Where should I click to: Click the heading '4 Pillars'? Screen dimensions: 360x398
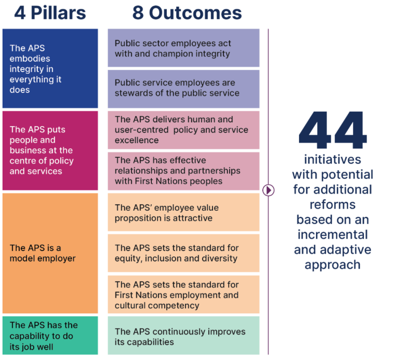[x=50, y=13]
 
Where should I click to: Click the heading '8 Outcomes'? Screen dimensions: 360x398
[x=187, y=13]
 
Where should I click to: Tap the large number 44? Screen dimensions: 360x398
[x=332, y=130]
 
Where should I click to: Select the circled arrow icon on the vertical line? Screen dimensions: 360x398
[x=268, y=190]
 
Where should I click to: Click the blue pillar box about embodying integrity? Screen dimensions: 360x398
[x=50, y=68]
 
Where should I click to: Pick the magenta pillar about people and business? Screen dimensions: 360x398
[x=50, y=150]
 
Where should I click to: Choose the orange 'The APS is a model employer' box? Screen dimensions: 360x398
[x=50, y=253]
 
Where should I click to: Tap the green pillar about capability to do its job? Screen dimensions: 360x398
[x=50, y=335]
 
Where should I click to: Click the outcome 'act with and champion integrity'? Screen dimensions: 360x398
[x=183, y=48]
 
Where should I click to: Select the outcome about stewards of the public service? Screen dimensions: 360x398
[x=183, y=88]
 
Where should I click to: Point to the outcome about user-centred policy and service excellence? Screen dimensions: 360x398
[x=183, y=130]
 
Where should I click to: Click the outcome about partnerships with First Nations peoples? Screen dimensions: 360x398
[x=183, y=171]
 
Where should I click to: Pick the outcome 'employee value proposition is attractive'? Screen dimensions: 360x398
[x=183, y=213]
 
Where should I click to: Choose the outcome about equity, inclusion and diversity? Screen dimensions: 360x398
[x=183, y=253]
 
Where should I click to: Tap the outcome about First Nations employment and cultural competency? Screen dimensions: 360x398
[x=183, y=295]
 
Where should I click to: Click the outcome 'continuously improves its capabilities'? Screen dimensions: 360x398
[x=183, y=336]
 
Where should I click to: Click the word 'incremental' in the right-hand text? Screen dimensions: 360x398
[x=332, y=234]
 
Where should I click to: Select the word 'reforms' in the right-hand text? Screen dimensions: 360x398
[x=332, y=204]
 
